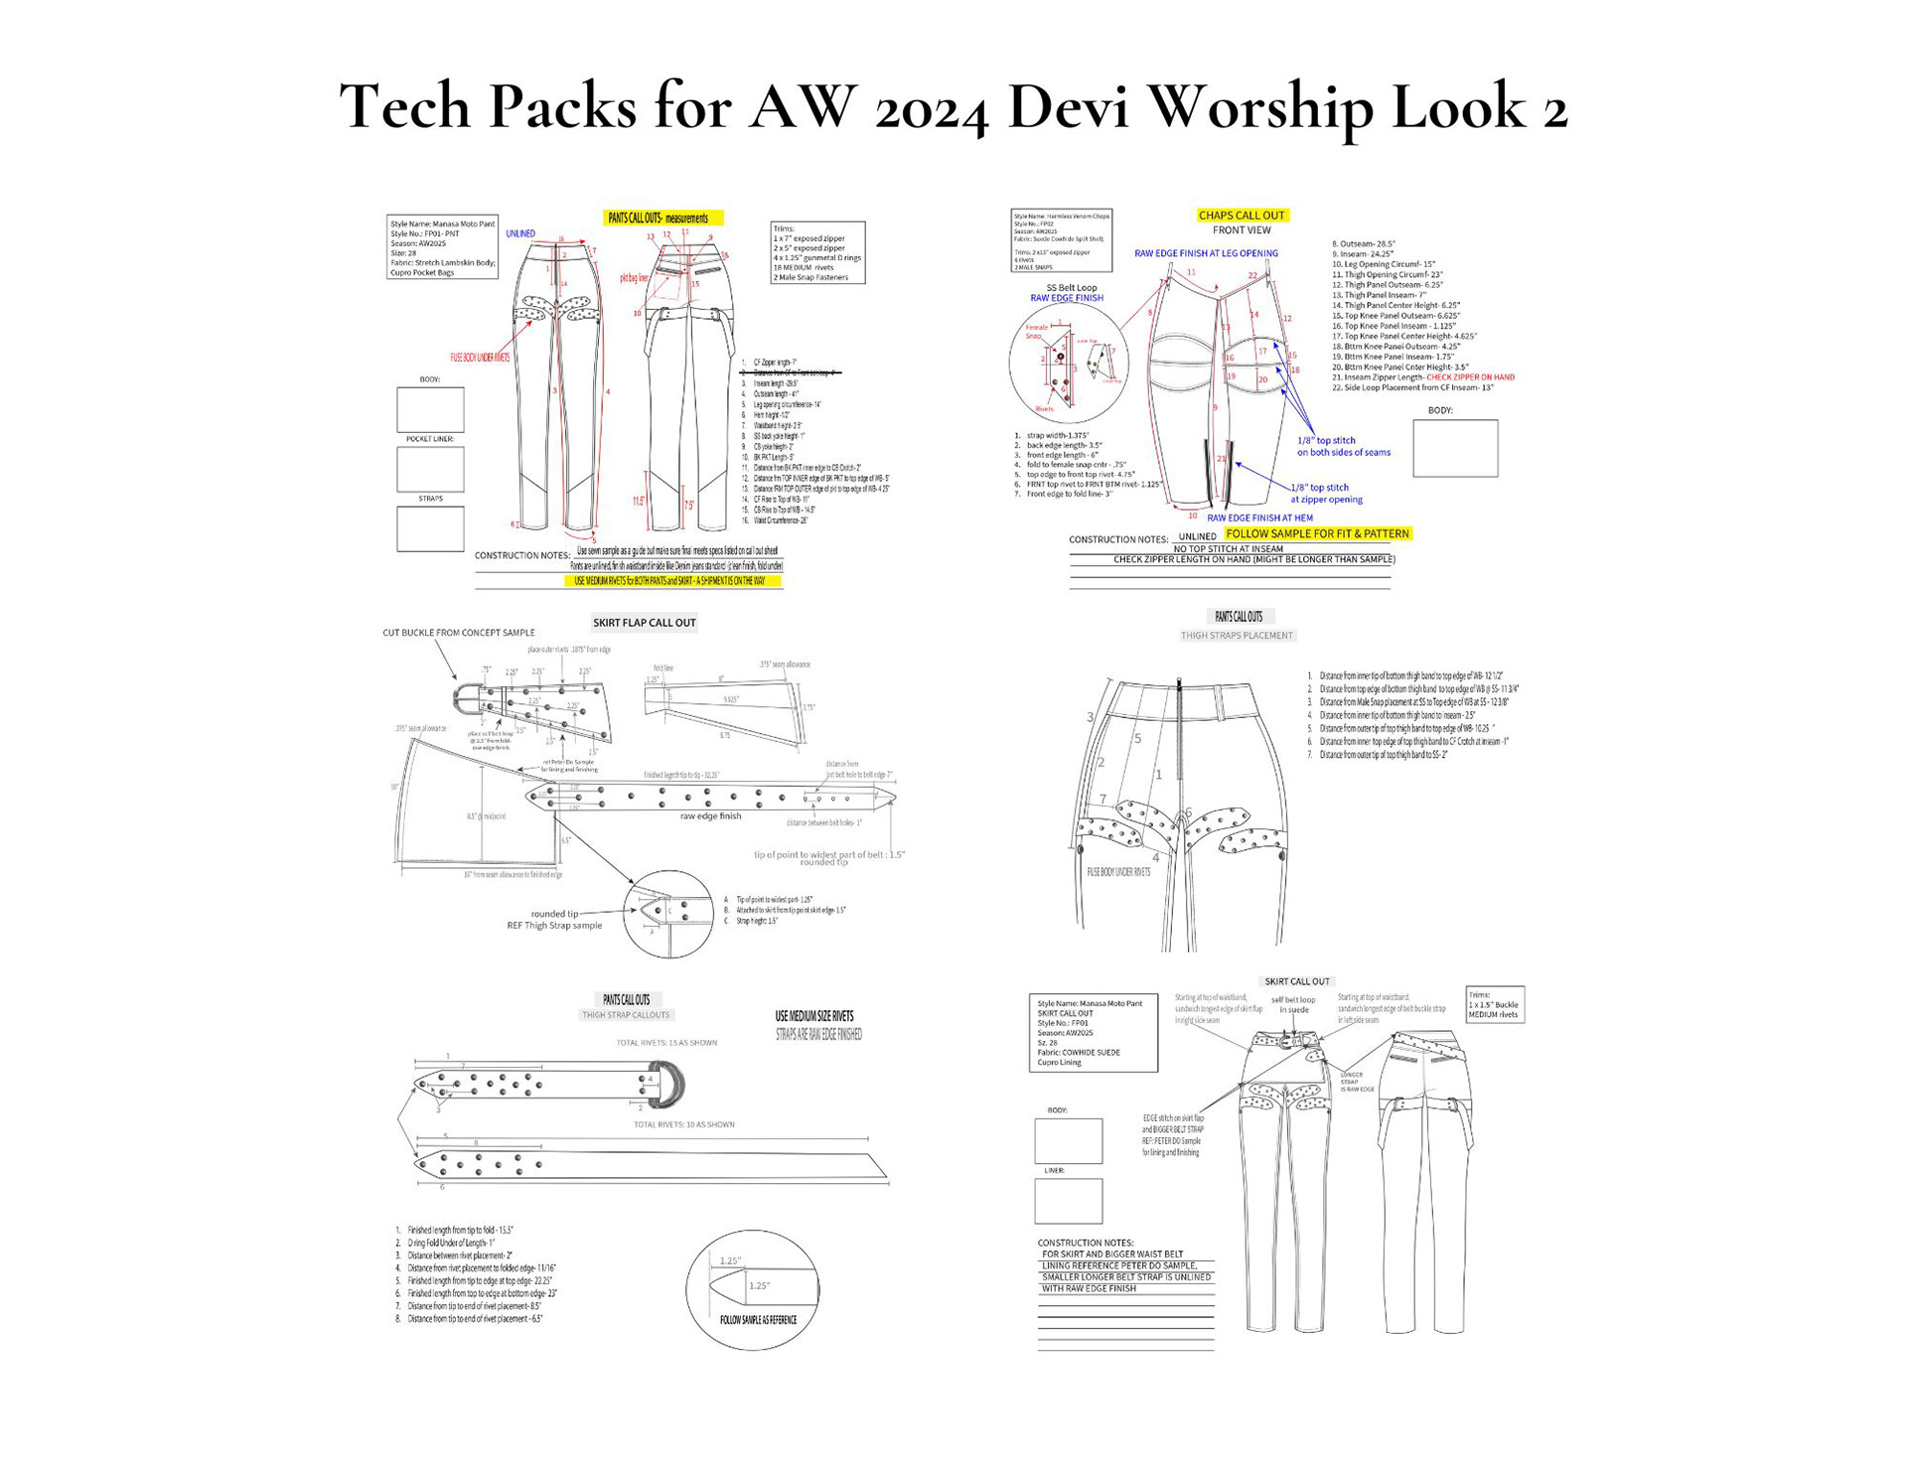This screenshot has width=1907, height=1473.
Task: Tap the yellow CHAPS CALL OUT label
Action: pos(1241,215)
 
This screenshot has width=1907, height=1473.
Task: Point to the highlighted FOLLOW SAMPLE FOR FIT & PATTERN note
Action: pos(1317,533)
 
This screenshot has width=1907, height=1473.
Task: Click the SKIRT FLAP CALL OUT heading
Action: pos(644,623)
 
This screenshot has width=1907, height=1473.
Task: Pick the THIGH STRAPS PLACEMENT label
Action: pos(1237,636)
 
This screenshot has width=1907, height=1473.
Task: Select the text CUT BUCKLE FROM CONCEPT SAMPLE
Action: pos(458,633)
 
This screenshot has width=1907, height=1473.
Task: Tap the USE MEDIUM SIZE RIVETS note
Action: pos(813,1016)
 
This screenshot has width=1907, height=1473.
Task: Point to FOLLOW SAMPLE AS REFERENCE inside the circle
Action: pos(758,1320)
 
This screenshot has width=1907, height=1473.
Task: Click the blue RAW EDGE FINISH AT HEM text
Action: pos(1259,517)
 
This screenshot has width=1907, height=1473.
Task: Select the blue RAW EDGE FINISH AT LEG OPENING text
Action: pos(1206,253)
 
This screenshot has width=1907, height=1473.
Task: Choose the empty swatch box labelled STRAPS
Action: pos(430,528)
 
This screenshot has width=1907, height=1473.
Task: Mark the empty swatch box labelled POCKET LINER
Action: pos(430,469)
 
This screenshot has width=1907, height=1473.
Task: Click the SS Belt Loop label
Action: pos(1071,288)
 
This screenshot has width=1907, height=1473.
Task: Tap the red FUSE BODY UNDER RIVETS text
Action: pos(480,358)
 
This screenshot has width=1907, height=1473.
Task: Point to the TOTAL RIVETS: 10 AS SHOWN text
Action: pos(683,1124)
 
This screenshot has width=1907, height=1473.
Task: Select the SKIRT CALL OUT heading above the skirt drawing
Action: pos(1296,981)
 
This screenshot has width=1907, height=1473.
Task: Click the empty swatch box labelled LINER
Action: pos(1068,1201)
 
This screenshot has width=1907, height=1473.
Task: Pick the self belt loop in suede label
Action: pos(1292,1005)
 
